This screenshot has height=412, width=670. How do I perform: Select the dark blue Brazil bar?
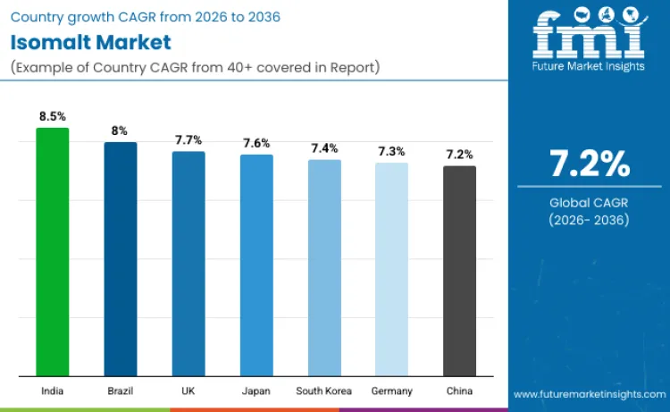pos(121,258)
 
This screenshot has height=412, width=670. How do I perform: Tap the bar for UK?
pos(188,264)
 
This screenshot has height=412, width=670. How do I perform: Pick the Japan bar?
pos(256,265)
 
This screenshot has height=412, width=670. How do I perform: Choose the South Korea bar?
pos(324,267)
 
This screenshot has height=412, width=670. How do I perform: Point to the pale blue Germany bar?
pos(391,269)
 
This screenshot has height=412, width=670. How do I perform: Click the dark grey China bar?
pos(460,270)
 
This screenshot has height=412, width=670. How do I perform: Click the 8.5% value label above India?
pos(52,116)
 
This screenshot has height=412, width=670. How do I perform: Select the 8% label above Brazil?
pos(121,130)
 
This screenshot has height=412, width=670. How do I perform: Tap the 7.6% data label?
pos(256,143)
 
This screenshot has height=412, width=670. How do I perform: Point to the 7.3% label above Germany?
pos(391,151)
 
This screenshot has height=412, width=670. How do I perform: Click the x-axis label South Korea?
pos(324,391)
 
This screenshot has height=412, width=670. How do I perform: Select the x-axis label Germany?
pos(391,391)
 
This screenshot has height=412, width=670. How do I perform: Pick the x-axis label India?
pos(52,391)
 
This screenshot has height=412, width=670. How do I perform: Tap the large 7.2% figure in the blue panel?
pos(589,164)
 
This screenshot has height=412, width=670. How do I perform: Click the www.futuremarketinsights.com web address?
pos(589,393)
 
